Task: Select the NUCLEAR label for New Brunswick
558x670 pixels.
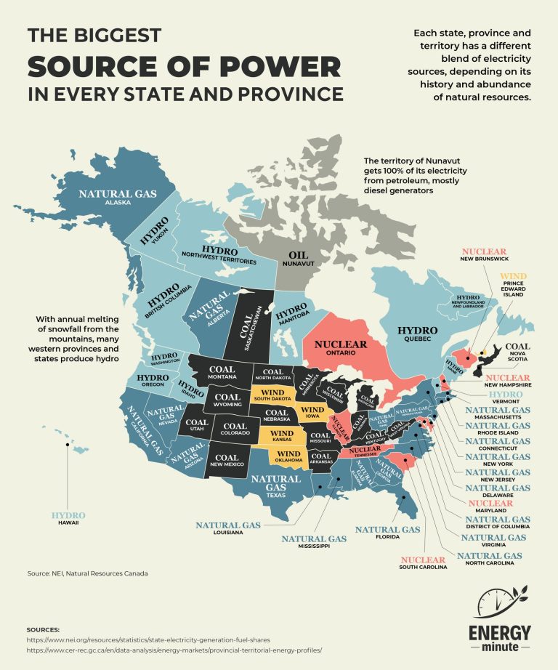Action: point(484,252)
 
